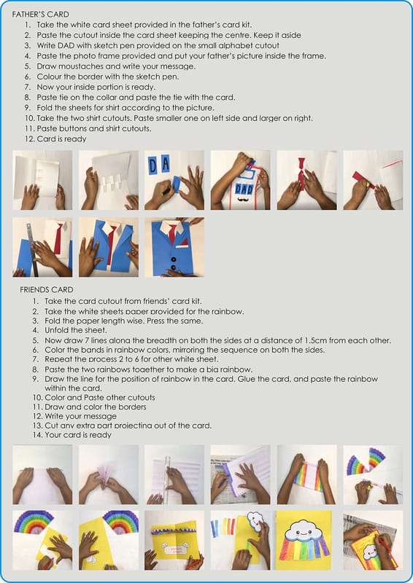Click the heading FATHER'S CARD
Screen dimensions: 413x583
pos(41,15)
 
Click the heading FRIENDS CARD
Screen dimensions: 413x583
pos(47,289)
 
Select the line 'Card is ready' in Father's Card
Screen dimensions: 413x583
pos(61,139)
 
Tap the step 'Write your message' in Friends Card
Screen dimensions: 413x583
pos(80,416)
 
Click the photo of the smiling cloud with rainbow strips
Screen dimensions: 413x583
pos(303,540)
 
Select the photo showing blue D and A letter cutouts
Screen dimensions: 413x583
pos(174,180)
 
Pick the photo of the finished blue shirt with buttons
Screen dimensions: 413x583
pos(174,247)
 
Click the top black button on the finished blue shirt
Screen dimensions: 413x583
pos(173,259)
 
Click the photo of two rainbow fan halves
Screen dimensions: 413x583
pos(373,474)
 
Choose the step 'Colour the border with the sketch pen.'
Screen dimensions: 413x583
pos(107,77)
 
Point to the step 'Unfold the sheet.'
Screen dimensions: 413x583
pos(76,330)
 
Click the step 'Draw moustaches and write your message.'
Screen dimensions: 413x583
pos(116,66)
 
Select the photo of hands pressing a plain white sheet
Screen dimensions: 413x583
pos(42,474)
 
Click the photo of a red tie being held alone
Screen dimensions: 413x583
pos(307,180)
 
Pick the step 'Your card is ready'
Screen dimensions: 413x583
pos(78,434)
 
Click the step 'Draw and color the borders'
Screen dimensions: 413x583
pos(96,407)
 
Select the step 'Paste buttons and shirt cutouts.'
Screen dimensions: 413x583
pos(94,129)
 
